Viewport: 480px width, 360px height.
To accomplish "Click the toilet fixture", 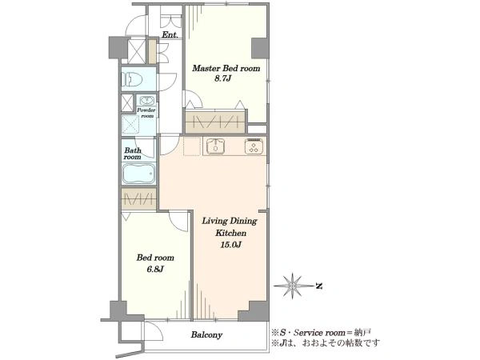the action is [x=132, y=79].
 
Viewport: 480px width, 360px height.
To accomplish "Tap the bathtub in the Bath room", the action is [x=139, y=174].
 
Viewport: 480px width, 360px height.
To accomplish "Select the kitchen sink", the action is [x=216, y=146].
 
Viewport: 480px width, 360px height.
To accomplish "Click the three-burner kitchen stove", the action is [x=254, y=146].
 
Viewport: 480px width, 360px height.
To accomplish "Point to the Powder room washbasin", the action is [x=147, y=101].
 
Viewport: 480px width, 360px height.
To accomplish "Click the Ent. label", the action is [x=170, y=35].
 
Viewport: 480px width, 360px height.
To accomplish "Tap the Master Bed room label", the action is [x=226, y=68].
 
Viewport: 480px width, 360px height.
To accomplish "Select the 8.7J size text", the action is [x=222, y=78].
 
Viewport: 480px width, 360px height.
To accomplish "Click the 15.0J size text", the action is [x=231, y=245].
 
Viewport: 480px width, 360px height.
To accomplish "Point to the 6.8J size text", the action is [x=155, y=269].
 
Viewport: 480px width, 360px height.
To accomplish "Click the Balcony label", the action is [x=206, y=335].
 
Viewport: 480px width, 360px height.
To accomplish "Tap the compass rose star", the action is [x=292, y=286].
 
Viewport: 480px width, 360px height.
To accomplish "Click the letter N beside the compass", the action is [x=319, y=286].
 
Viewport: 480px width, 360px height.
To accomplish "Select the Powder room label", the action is [x=146, y=113].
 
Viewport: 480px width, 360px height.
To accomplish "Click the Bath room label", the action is [x=133, y=154].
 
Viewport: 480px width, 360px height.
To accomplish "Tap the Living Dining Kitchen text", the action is [x=230, y=227].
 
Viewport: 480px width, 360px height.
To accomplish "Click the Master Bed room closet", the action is [x=215, y=122].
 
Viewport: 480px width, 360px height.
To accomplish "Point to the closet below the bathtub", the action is [x=139, y=199].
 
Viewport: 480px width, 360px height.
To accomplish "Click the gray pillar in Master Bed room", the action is [x=259, y=48].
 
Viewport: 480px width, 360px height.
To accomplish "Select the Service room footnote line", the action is [x=322, y=332].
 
